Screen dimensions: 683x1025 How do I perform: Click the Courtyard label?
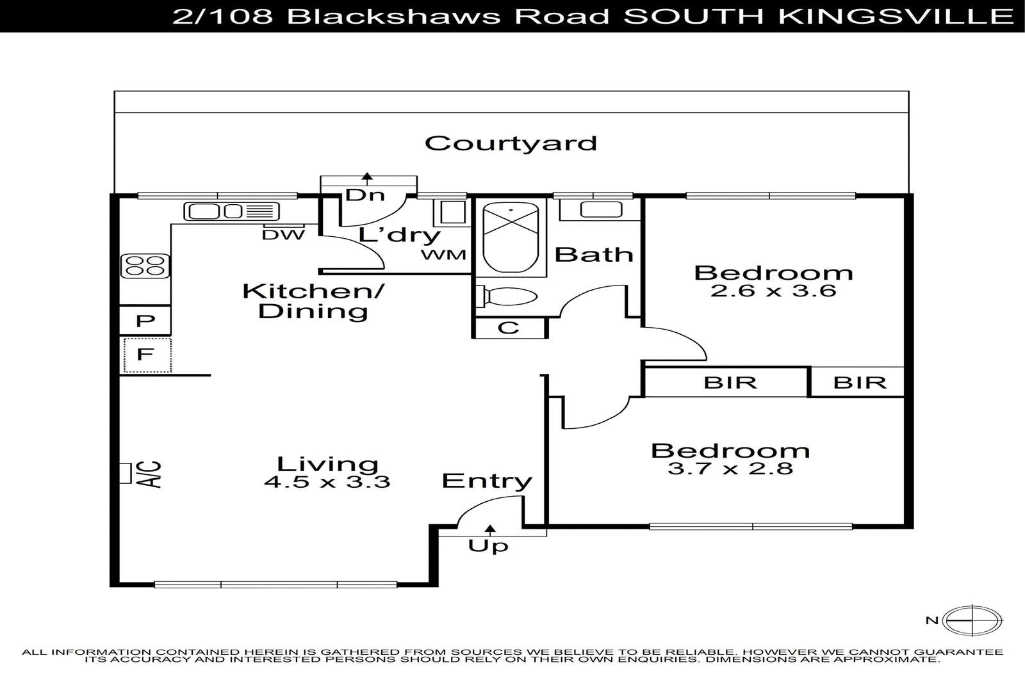[511, 143]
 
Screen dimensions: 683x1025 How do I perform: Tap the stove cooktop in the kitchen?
[145, 266]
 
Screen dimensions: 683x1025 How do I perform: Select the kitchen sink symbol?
[231, 211]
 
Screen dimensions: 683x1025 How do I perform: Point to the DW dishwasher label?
[283, 235]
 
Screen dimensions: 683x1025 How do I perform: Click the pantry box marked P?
[145, 321]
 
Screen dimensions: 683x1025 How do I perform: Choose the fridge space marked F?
[146, 354]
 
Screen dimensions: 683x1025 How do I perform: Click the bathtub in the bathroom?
[510, 237]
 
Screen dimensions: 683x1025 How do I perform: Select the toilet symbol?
[506, 297]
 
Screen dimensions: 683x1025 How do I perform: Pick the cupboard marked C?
[509, 328]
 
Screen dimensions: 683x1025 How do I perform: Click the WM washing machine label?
[443, 255]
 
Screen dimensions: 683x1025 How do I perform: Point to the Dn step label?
[365, 195]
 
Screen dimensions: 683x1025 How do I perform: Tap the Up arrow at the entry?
[490, 529]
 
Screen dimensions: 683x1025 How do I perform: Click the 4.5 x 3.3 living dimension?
[327, 481]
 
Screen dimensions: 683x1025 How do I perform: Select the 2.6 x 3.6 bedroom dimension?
[773, 291]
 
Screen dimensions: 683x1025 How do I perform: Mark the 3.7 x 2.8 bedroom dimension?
[730, 469]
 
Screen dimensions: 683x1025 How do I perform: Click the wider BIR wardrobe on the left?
[730, 383]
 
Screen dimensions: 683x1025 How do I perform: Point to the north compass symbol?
[972, 620]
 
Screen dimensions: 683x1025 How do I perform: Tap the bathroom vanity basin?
[600, 209]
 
